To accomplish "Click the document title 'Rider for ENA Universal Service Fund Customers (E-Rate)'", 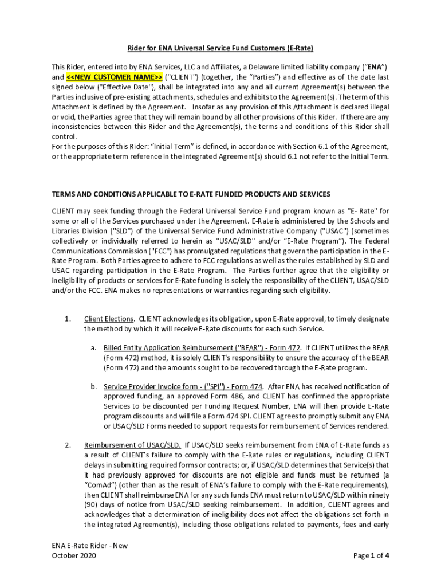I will [x=220, y=48].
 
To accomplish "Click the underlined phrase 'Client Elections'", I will [x=109, y=319].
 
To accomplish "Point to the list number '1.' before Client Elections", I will [x=68, y=319].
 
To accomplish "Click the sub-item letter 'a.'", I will [x=93, y=347].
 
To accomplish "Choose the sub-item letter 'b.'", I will [x=93, y=386].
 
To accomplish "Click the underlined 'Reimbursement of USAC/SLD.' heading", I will [x=133, y=445].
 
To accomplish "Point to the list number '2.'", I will [x=68, y=445].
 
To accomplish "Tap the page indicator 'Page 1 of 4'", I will [x=372, y=555].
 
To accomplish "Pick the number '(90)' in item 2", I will [x=93, y=504].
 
